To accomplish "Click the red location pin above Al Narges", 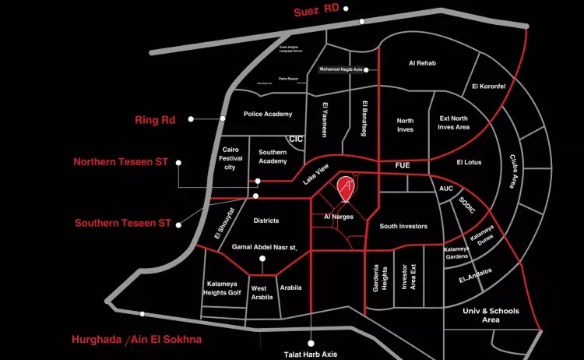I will click(347, 188).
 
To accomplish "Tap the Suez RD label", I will click(315, 12).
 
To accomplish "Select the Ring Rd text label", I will click(155, 120).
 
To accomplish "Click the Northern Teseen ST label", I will click(121, 162).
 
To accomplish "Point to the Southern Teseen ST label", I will click(122, 223).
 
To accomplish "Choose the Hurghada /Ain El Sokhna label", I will click(136, 340).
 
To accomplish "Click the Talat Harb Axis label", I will click(311, 355).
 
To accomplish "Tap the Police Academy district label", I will click(268, 114).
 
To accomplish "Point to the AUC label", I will click(446, 189).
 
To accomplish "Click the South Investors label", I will click(403, 226).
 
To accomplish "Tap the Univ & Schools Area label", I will click(491, 316).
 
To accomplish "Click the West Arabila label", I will click(263, 292).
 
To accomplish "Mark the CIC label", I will click(295, 139).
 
